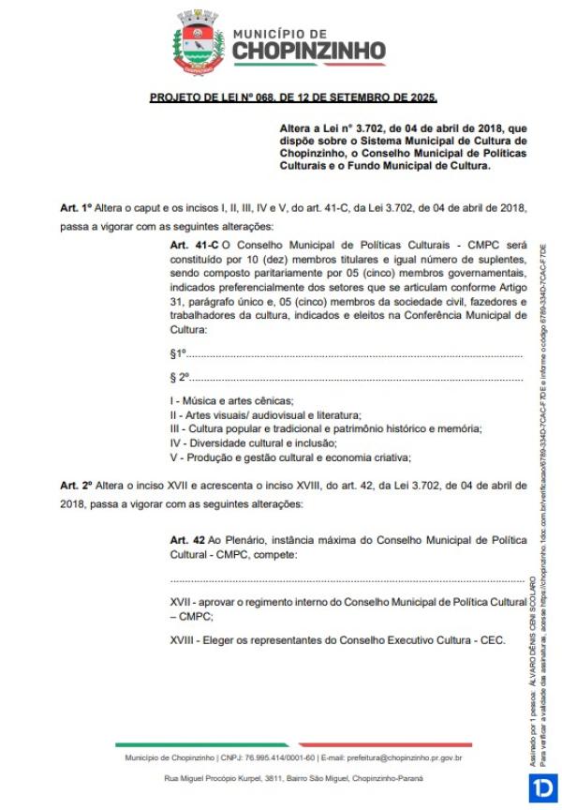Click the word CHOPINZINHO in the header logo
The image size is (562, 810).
pos(308,50)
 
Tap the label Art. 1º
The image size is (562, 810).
pos(76,207)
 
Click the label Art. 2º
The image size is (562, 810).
pos(76,485)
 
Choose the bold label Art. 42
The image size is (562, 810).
pos(187,540)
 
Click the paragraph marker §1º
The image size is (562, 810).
pos(179,353)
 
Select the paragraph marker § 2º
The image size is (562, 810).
pos(180,377)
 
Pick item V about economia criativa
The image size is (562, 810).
pos(290,457)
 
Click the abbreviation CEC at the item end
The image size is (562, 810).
pos(494,640)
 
